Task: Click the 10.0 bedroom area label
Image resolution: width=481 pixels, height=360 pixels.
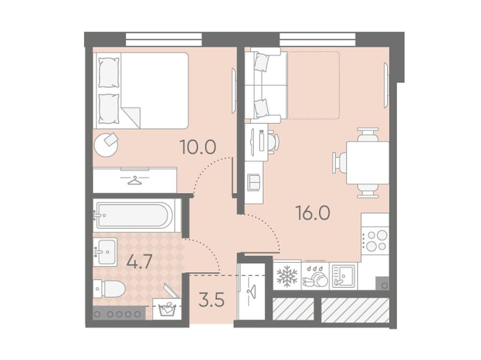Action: [x=198, y=147]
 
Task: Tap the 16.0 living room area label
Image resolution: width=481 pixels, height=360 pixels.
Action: [x=312, y=213]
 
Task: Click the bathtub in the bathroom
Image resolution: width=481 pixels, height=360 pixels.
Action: [x=133, y=215]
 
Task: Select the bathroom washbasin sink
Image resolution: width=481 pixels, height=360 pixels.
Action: [x=105, y=252]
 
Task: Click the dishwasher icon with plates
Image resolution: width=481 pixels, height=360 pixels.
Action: [x=315, y=276]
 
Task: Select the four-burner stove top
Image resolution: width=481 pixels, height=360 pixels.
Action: [x=375, y=240]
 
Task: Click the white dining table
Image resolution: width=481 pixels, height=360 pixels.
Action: [x=367, y=162]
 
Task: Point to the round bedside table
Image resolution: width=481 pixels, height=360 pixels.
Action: [x=106, y=145]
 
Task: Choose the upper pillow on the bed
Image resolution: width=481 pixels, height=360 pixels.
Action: [x=109, y=73]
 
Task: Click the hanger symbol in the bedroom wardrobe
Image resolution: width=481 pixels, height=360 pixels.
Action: [x=135, y=181]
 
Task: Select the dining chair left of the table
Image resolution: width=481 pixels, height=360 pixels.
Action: [x=340, y=162]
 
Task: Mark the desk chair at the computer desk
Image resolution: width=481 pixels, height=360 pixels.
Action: [x=273, y=142]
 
